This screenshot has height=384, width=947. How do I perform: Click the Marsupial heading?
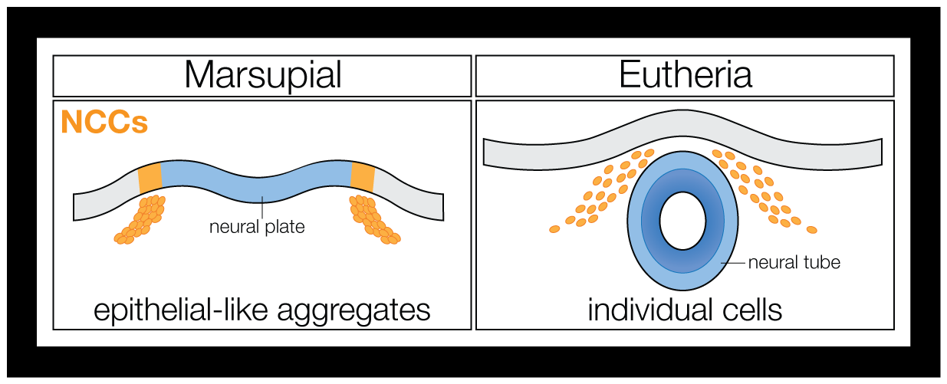point(262,75)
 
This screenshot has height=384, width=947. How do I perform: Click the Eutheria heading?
point(685,75)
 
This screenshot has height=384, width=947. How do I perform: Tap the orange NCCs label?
point(104,122)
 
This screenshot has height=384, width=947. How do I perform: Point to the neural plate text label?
point(258,227)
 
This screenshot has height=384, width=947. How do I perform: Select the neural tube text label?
point(794,262)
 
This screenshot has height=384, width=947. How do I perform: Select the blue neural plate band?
point(258,184)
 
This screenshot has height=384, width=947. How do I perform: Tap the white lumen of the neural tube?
point(682,221)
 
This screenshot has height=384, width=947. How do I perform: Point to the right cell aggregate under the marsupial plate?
point(375,220)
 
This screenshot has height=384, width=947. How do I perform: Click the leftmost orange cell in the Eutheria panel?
point(554,228)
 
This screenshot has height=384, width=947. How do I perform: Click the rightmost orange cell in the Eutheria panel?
point(811,229)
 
